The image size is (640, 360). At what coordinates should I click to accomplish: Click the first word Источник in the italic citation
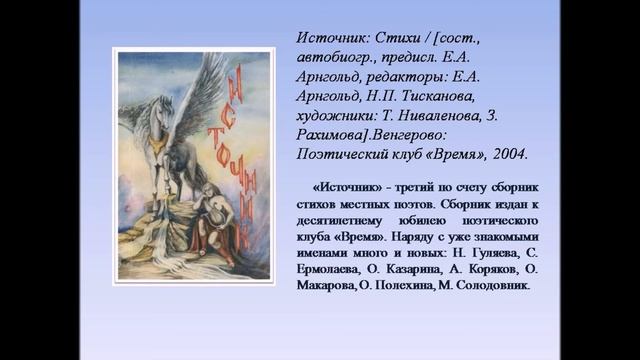click(x=331, y=38)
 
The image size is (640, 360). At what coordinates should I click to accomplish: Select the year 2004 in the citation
click(x=505, y=155)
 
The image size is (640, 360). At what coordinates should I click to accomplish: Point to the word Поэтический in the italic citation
click(x=349, y=155)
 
